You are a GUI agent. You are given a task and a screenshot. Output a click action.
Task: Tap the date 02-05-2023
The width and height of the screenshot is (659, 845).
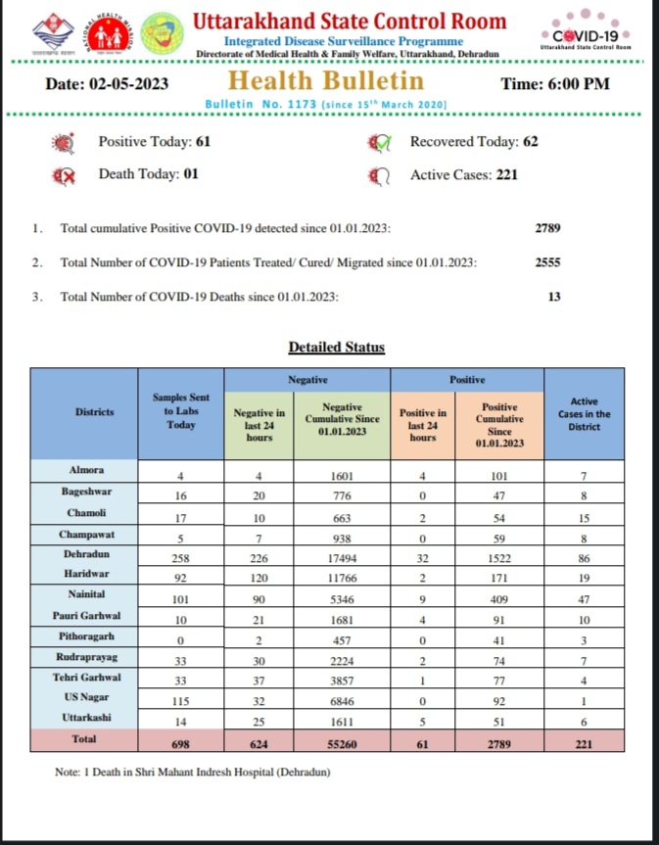[107, 84]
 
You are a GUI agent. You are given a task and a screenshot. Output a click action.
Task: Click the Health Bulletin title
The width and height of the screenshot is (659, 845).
[327, 81]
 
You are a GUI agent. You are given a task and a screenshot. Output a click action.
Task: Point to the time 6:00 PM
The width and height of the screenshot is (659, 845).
[554, 84]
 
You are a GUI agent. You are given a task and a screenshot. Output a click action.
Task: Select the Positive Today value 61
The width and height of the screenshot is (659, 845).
[203, 142]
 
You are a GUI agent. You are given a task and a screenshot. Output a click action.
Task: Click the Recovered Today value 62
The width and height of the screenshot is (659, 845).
[530, 142]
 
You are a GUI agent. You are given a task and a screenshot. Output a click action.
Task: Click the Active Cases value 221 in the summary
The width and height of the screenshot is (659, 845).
[505, 175]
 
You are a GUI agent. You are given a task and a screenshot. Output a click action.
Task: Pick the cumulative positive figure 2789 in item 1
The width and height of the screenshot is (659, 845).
[547, 228]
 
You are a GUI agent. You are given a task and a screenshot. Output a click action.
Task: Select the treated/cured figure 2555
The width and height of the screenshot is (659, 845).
[547, 262]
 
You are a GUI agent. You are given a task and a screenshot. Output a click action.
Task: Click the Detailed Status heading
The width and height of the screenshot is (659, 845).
[336, 348]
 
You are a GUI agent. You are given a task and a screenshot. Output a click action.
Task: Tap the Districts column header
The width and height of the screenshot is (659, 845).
[94, 412]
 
